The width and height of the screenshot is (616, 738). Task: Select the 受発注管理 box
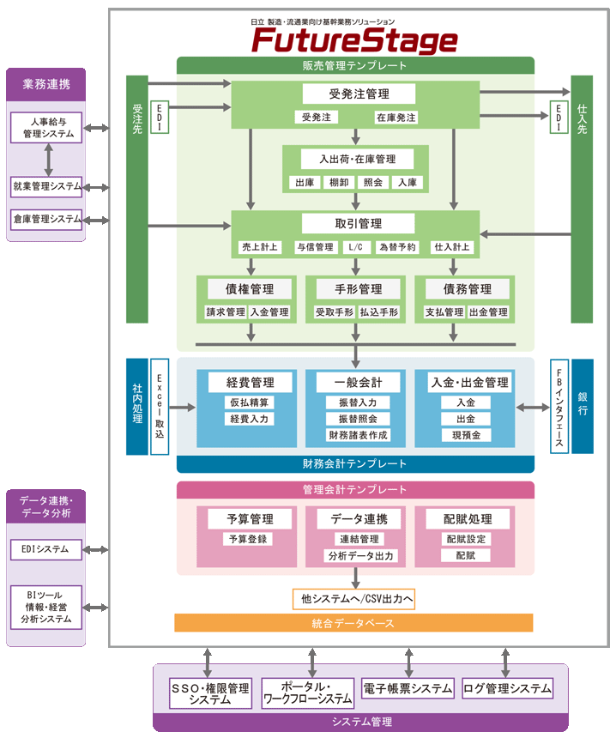(x=359, y=93)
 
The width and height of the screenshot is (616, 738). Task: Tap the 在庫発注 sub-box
(x=396, y=117)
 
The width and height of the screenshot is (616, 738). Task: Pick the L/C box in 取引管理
(x=356, y=247)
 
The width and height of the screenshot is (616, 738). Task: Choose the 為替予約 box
(x=397, y=247)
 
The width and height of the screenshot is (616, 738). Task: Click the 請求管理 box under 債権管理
(x=225, y=312)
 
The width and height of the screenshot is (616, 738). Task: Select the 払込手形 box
(x=378, y=312)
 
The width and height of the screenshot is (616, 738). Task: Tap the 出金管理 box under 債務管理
(x=488, y=312)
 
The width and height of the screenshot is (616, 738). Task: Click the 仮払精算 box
(x=249, y=402)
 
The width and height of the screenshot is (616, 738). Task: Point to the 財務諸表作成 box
(x=358, y=435)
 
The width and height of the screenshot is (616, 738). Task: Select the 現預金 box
(x=466, y=435)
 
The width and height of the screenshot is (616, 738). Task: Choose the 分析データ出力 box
(x=361, y=556)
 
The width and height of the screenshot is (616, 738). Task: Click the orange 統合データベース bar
(x=353, y=622)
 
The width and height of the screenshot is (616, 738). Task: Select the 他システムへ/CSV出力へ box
(x=353, y=598)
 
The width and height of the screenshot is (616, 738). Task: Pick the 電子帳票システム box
(x=408, y=688)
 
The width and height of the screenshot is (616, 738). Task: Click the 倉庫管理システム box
(x=47, y=218)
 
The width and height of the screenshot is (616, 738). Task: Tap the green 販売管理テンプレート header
(x=355, y=65)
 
